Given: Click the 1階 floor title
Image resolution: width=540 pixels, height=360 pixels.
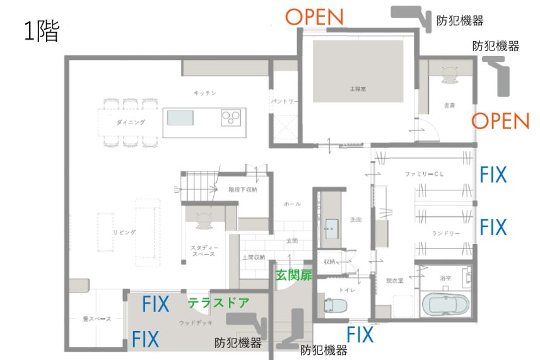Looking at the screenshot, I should [42, 32].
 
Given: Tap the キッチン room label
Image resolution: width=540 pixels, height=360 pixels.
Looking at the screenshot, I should [205, 93].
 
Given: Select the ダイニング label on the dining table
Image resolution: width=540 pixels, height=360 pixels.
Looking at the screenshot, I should [131, 122].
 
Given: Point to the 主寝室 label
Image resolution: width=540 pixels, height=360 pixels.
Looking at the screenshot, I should [358, 90].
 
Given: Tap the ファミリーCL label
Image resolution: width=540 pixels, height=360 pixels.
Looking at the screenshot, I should [422, 173].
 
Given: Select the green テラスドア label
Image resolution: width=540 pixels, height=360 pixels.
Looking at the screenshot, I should [218, 303].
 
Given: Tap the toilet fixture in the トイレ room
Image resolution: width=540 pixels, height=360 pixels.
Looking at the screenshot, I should [334, 306].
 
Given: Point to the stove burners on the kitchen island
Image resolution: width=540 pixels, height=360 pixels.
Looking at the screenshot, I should [231, 117].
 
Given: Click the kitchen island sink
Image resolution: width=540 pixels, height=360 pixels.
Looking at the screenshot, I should [180, 117].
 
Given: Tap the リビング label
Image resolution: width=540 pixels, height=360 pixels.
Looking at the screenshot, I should [124, 233].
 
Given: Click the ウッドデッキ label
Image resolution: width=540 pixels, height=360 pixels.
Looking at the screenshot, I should [192, 323].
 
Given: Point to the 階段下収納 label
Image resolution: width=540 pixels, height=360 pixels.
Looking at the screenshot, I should [242, 189].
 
